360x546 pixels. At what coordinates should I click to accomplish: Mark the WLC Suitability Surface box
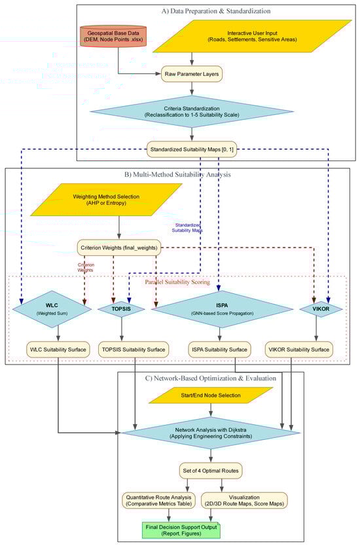(x=58, y=350)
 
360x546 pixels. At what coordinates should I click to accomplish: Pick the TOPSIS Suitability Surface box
(x=135, y=350)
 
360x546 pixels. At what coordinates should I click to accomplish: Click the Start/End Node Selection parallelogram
(x=211, y=395)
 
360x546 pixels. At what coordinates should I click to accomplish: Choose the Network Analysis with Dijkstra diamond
(x=211, y=432)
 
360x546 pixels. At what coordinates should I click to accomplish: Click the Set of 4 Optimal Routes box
(x=211, y=470)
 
